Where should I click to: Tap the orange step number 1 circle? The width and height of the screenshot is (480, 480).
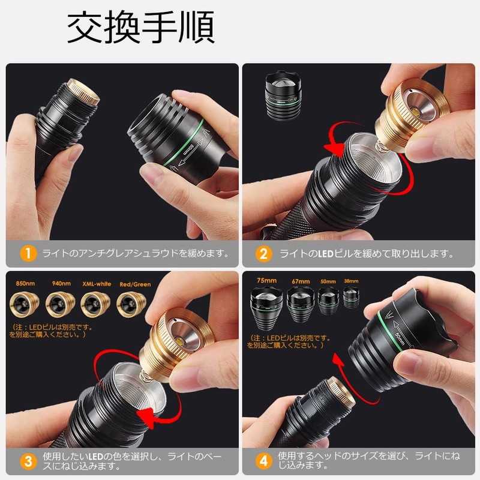[27, 253]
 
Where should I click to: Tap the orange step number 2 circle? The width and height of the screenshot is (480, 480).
[263, 253]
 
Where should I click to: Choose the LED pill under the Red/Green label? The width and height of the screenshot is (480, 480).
[130, 305]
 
